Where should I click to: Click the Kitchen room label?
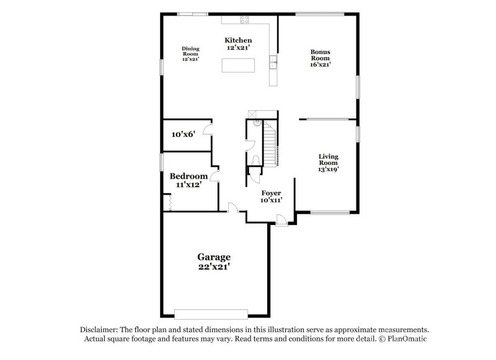pyautogui.click(x=238, y=40)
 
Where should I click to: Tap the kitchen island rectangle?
pyautogui.click(x=238, y=65)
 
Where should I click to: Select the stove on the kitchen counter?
pyautogui.click(x=244, y=19)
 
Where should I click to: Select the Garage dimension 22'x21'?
pyautogui.click(x=214, y=267)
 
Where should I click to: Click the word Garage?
pyautogui.click(x=214, y=257)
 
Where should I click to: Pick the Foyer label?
pyautogui.click(x=271, y=193)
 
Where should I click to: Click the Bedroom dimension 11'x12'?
pyautogui.click(x=188, y=185)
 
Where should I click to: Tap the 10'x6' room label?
pyautogui.click(x=184, y=134)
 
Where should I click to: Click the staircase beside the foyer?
pyautogui.click(x=270, y=144)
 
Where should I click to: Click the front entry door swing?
pyautogui.click(x=281, y=219)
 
